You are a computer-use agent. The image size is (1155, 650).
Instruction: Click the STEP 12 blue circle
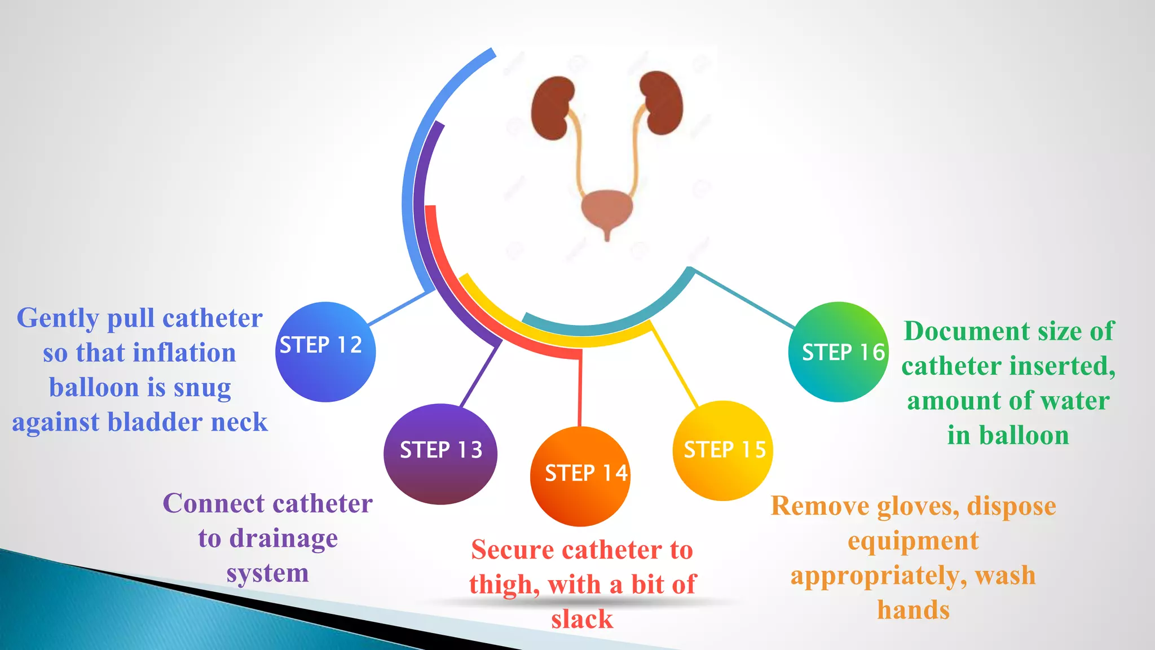325,352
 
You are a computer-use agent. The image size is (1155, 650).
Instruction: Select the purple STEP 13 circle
440,453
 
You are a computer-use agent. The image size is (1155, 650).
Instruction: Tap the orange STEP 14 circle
580,476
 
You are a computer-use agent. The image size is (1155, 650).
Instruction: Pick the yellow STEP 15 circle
722,450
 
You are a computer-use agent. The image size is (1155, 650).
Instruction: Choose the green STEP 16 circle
838,352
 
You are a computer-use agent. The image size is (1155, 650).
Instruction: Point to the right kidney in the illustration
662,103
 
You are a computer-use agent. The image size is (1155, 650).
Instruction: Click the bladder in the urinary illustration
607,210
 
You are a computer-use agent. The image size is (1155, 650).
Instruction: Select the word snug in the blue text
202,388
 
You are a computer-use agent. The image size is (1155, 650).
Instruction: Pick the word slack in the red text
581,619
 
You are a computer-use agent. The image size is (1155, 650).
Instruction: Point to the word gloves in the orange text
918,507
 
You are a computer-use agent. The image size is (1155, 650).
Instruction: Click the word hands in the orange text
913,610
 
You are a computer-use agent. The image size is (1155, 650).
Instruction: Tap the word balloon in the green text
1024,436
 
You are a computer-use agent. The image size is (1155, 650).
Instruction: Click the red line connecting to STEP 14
580,389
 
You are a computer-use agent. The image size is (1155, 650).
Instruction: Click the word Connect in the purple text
213,503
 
